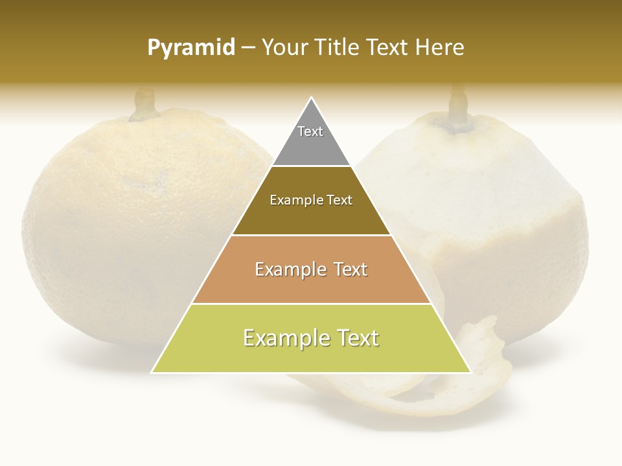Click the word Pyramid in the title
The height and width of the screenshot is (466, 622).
coord(191,48)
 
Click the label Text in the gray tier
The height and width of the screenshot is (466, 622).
coord(310,131)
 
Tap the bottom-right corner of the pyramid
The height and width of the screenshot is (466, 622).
coord(470,372)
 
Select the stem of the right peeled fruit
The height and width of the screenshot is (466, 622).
coord(459,104)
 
